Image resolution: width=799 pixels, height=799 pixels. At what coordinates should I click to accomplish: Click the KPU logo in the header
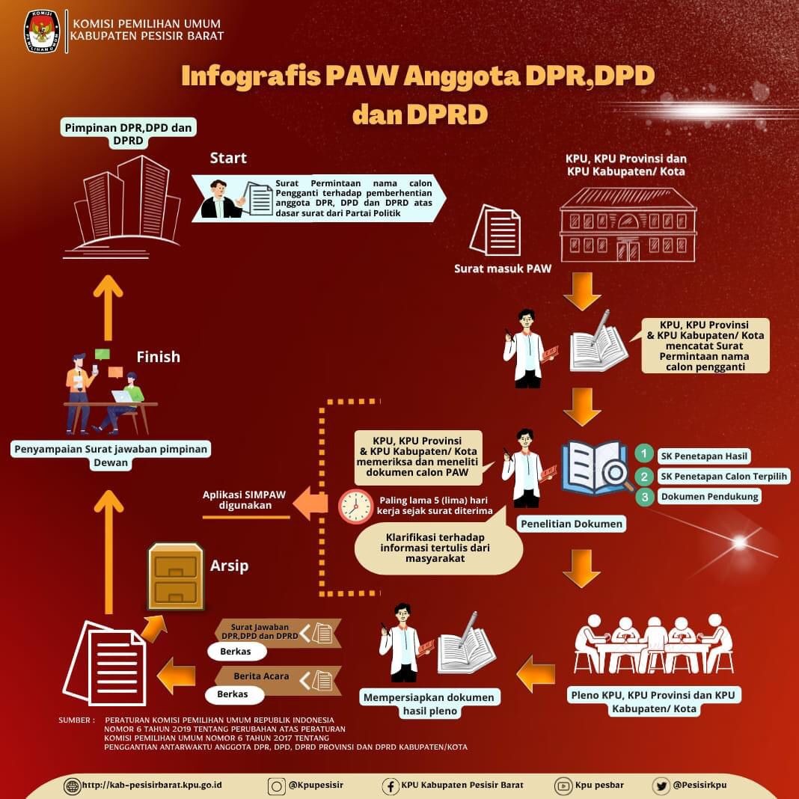point(42,31)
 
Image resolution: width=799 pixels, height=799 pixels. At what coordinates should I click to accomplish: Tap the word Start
point(228,158)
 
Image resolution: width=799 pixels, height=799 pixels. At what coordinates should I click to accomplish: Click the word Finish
point(158,357)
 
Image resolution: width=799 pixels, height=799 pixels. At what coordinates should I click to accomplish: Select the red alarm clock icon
point(355,506)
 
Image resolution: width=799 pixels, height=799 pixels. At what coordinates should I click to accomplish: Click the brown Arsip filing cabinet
point(176,576)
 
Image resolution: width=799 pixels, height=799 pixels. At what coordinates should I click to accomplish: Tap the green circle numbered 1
point(643,455)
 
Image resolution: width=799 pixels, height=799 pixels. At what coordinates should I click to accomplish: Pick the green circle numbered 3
point(643,496)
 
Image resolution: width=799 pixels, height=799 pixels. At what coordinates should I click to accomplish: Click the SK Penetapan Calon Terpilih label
point(723,476)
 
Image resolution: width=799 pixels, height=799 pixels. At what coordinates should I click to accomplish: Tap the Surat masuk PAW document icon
point(495,230)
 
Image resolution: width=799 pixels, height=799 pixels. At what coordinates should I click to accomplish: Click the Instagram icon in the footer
point(277,786)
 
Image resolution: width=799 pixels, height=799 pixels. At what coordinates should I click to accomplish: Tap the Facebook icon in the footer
point(391,786)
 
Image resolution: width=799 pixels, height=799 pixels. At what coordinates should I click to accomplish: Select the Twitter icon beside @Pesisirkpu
point(661,786)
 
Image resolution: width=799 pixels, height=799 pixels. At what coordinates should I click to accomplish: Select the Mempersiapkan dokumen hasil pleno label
point(429,703)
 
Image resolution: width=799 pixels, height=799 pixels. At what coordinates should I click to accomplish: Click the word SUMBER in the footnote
point(76,720)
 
